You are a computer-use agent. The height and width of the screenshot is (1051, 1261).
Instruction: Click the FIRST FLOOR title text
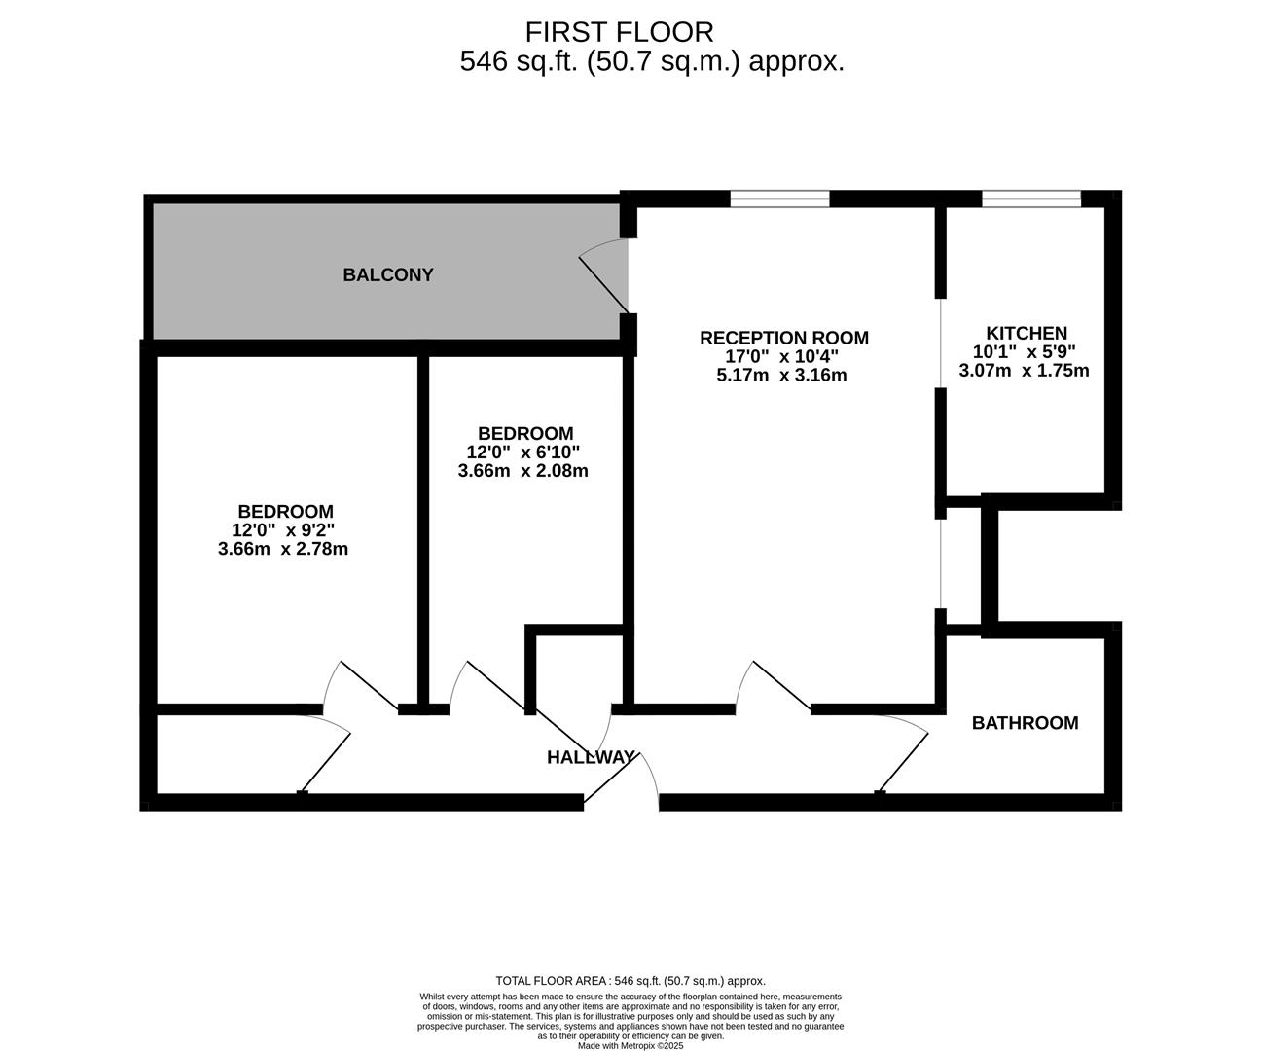click(619, 32)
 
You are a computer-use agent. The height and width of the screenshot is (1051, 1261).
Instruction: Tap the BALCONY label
click(387, 275)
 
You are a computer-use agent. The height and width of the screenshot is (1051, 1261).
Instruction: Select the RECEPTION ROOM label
click(783, 338)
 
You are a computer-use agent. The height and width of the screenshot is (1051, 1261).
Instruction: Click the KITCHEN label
click(1026, 333)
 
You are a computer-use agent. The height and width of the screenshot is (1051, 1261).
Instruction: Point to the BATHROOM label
click(1025, 723)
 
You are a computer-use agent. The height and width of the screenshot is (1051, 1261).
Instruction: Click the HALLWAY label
click(590, 757)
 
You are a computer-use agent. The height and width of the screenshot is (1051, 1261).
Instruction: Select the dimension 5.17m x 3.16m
click(781, 375)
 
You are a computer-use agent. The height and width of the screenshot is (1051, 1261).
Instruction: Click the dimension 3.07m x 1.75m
click(1024, 370)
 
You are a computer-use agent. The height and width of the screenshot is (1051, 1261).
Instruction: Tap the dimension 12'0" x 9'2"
click(284, 530)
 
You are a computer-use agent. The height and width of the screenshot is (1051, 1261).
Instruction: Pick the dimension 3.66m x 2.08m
click(522, 471)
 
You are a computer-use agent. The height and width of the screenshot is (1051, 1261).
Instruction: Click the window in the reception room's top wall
click(779, 199)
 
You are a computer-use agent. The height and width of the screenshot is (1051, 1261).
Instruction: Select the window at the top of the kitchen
click(1030, 199)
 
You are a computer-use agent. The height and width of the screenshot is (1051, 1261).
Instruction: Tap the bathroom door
click(902, 754)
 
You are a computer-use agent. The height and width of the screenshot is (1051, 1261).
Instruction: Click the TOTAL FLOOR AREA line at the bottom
click(630, 981)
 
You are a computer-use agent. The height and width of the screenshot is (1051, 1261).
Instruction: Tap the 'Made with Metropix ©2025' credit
click(630, 1046)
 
